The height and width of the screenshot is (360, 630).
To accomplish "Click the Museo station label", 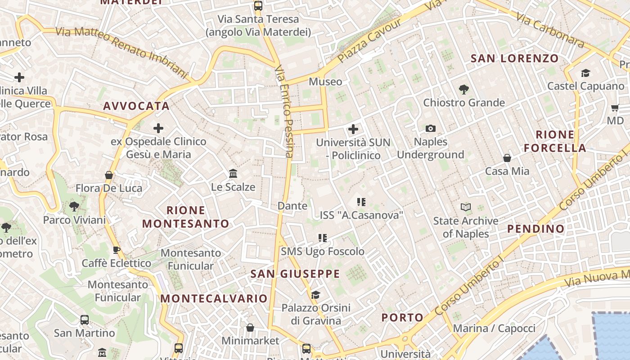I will [325, 82].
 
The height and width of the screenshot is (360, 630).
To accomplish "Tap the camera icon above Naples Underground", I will [431, 129].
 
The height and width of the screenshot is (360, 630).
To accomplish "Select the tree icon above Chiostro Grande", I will [464, 90].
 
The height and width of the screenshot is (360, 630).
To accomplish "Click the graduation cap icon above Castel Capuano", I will [585, 73].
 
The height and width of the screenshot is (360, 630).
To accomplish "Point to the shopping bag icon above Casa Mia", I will [507, 158].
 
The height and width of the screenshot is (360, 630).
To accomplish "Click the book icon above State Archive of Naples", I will [466, 207].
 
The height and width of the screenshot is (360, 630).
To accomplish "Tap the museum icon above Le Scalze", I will [233, 174].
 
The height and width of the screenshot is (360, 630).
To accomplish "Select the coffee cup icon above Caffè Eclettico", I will [117, 250].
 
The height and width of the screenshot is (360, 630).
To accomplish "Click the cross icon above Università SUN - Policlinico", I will [353, 130].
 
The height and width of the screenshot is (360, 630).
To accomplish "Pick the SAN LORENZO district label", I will [514, 58].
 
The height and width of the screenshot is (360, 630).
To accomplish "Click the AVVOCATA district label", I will [136, 106].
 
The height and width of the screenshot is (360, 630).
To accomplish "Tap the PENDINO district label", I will [535, 229].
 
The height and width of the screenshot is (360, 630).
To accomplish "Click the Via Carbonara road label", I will [550, 30].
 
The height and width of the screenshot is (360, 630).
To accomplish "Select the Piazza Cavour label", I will [369, 41].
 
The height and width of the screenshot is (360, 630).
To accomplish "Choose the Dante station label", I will [292, 206].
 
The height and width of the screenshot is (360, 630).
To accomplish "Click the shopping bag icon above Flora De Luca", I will [108, 175].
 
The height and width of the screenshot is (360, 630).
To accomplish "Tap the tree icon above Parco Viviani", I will [74, 207].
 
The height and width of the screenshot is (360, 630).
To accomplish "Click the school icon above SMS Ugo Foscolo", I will [322, 238].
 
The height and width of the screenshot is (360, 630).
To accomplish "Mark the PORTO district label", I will [402, 318].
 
